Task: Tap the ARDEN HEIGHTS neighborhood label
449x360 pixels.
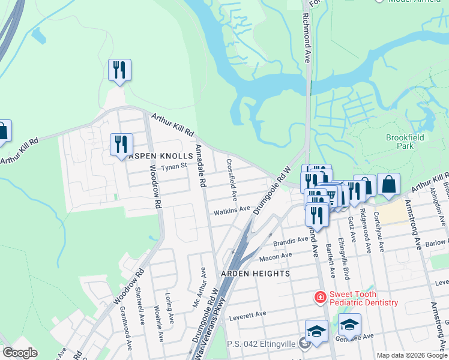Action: coord(255,273)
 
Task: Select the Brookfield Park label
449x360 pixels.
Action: coord(405,142)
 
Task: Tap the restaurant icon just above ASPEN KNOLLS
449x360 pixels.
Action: coord(121,145)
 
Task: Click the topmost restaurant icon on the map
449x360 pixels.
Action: coord(119,70)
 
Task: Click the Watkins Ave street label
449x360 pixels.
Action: coord(232,209)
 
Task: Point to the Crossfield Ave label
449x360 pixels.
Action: coord(232,179)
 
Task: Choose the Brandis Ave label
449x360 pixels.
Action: coord(291,241)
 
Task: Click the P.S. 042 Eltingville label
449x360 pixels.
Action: coord(264,344)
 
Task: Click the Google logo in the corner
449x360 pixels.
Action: coord(20,353)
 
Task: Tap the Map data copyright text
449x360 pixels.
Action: coord(411,355)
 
